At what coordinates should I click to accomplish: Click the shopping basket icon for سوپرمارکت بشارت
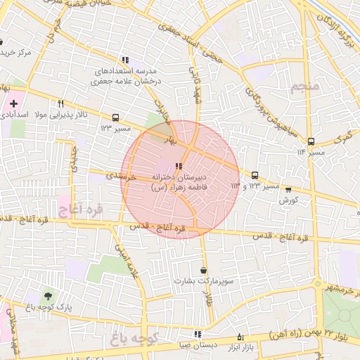204,270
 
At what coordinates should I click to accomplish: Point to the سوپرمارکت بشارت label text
204,281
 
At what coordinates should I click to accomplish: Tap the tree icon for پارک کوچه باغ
48,296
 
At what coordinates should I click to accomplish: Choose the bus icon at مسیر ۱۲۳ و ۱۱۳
255,175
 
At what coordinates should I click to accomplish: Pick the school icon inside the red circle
179,166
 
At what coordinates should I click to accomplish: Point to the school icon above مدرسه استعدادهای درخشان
125,60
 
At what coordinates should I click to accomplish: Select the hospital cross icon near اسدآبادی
13,103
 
